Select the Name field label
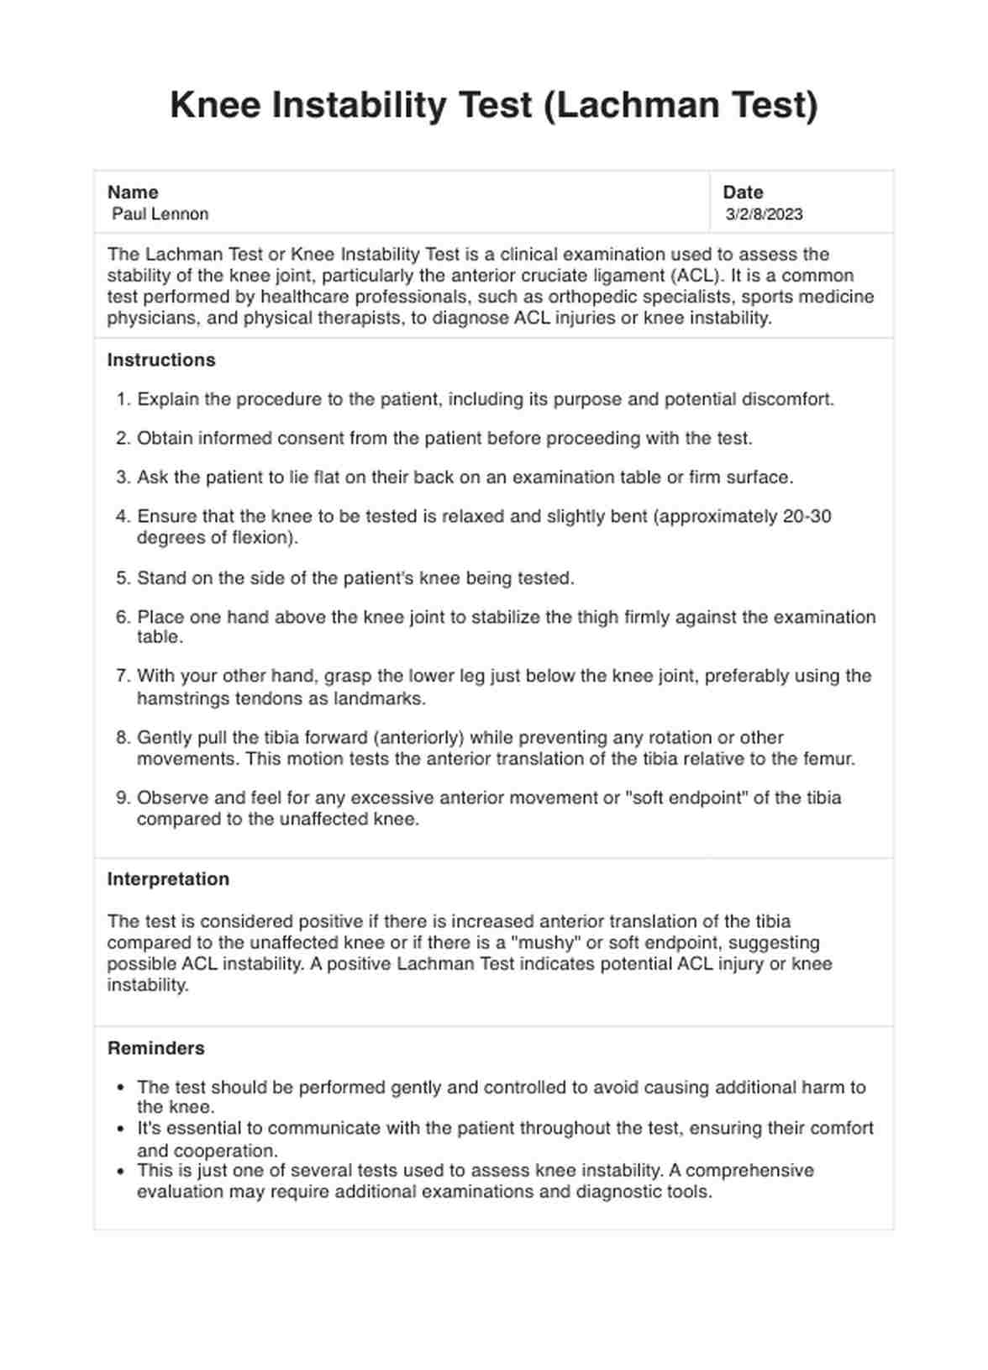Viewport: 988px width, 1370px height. (x=133, y=192)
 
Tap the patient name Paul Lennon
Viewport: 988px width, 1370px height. (x=160, y=214)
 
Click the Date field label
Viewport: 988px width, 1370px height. (x=743, y=192)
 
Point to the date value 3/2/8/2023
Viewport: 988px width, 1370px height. (x=765, y=214)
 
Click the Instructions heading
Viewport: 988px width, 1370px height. (x=161, y=361)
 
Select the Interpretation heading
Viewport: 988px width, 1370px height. (x=168, y=879)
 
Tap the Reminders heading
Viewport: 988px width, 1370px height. (x=156, y=1048)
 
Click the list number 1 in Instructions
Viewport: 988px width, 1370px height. (x=122, y=399)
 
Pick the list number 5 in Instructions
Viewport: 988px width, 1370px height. (x=122, y=578)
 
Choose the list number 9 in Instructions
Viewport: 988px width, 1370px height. (x=122, y=798)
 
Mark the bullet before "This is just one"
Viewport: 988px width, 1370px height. (x=122, y=1171)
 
